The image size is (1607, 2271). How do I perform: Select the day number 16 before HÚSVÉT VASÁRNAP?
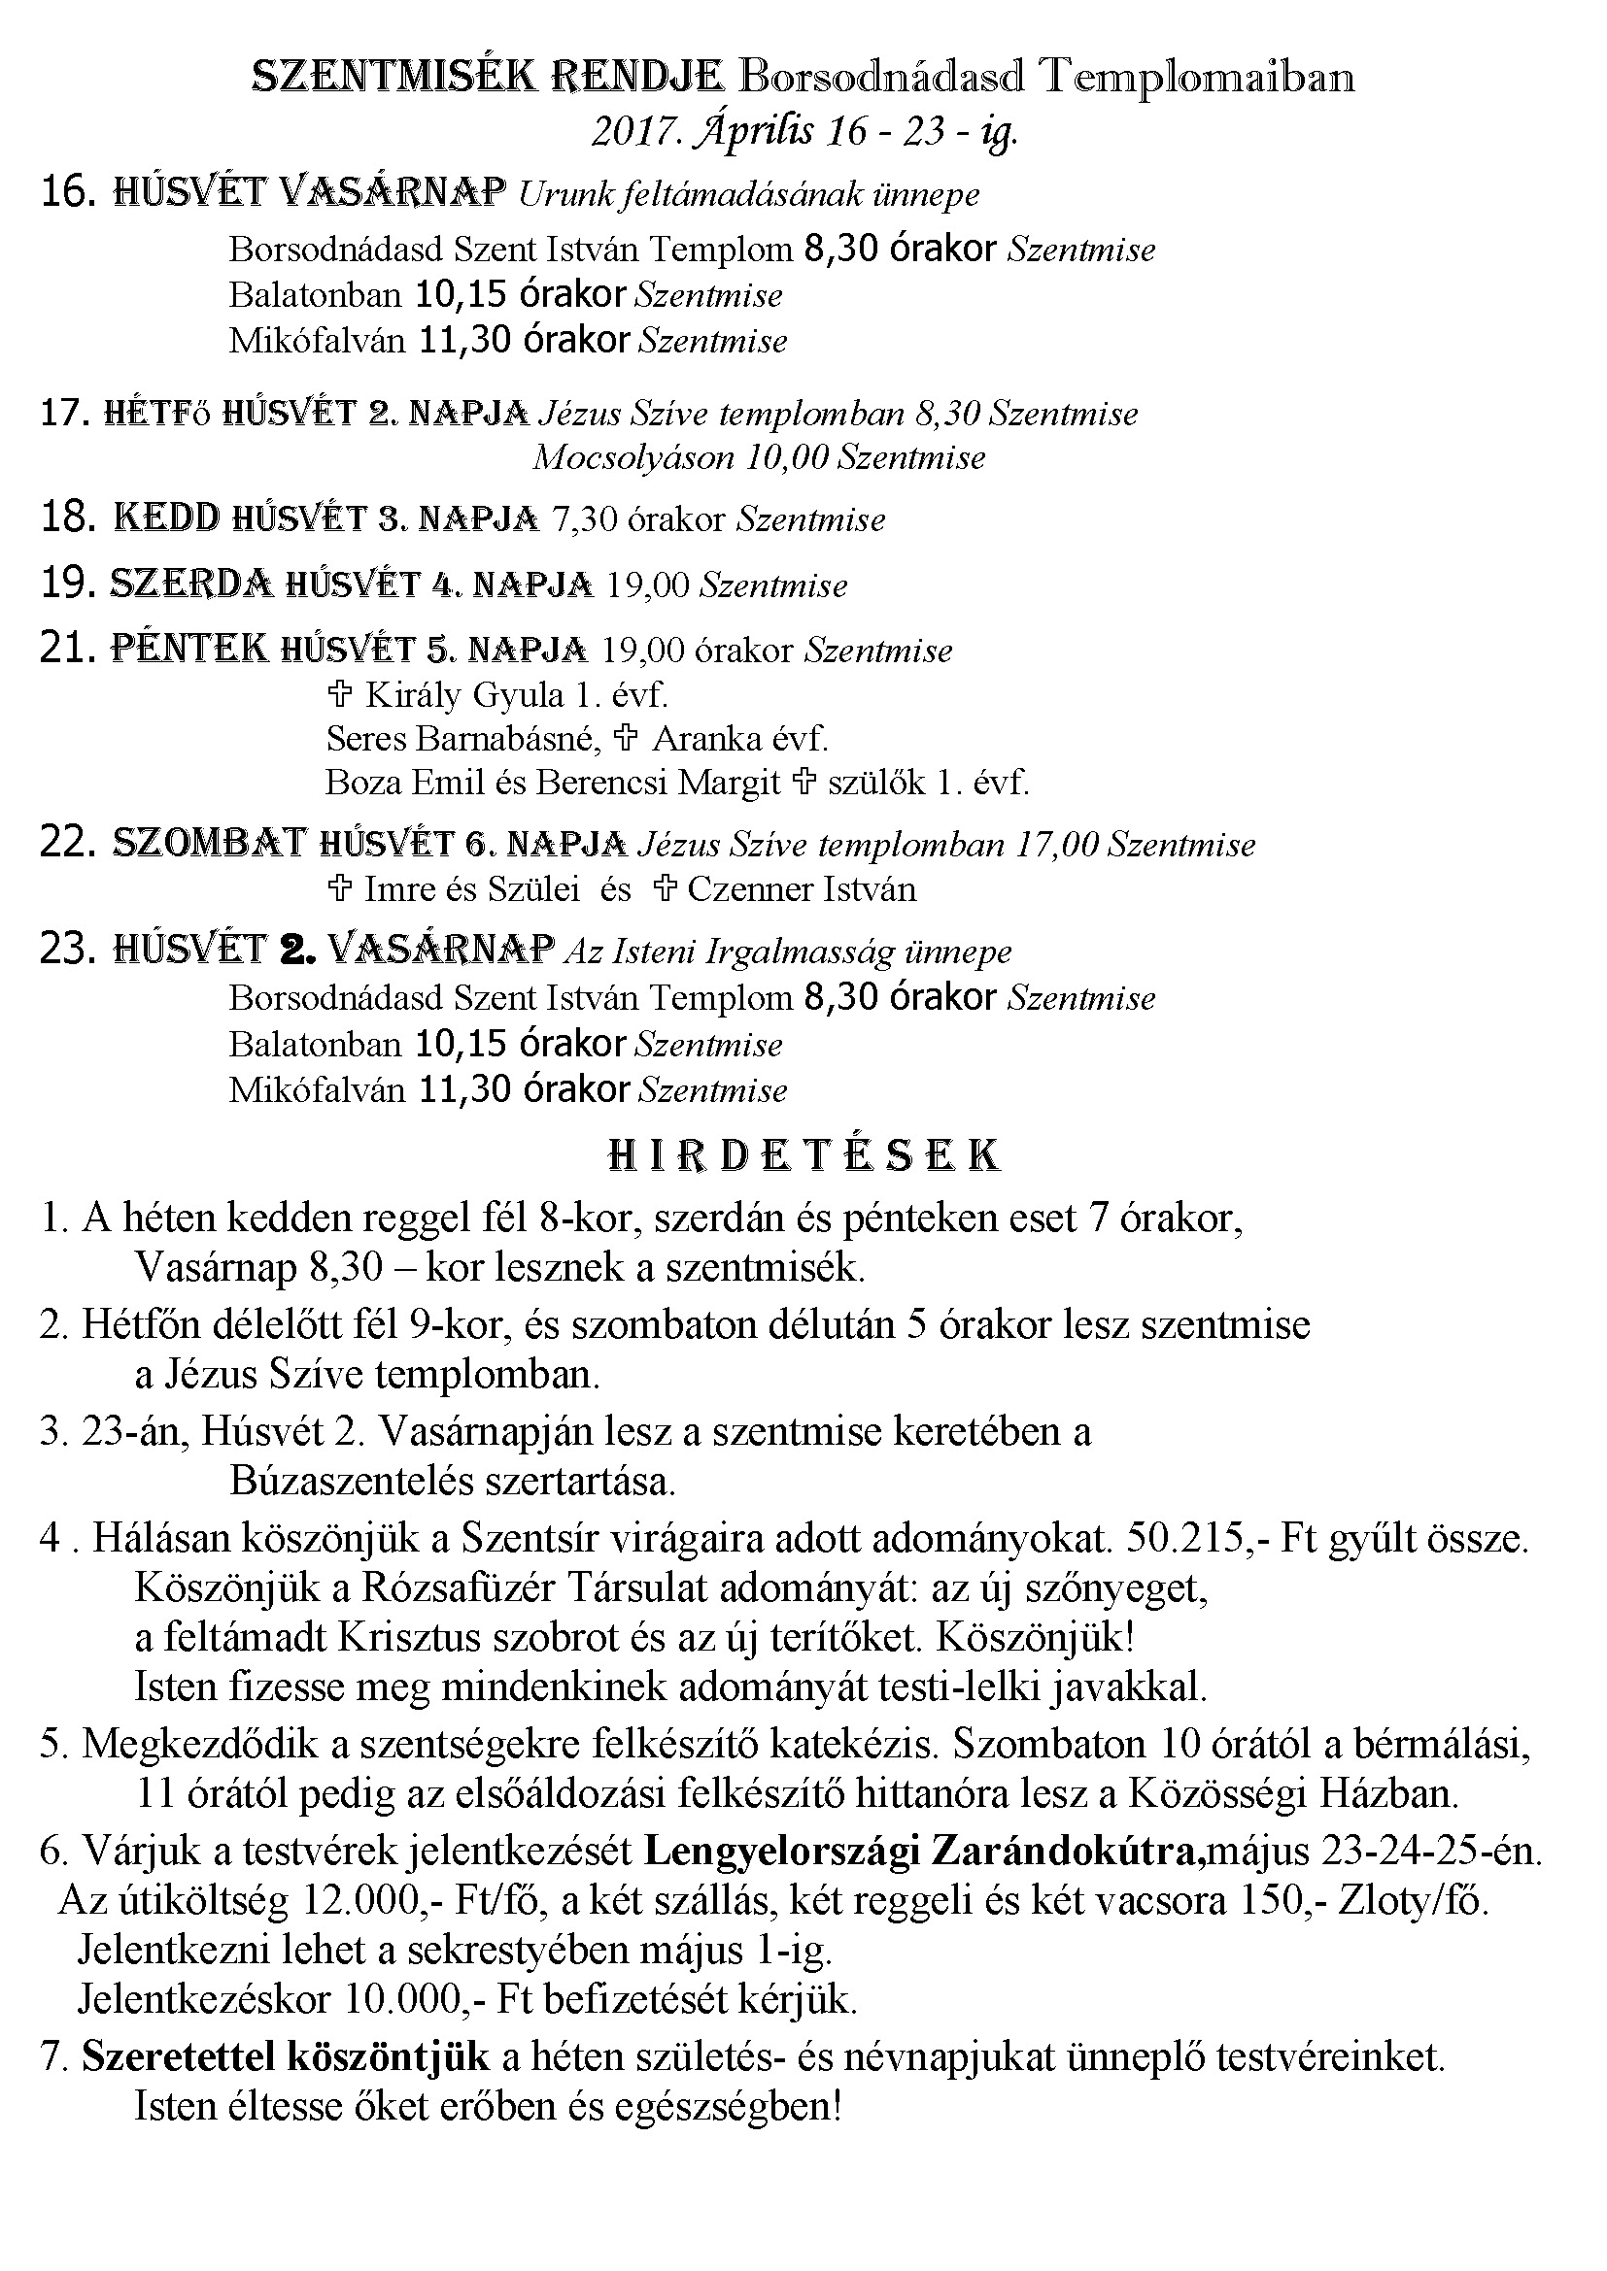tap(67, 192)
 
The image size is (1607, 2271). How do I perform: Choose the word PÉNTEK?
tap(189, 649)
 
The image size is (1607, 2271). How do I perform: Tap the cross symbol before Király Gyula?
tap(338, 695)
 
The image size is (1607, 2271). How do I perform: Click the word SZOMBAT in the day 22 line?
tap(209, 843)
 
